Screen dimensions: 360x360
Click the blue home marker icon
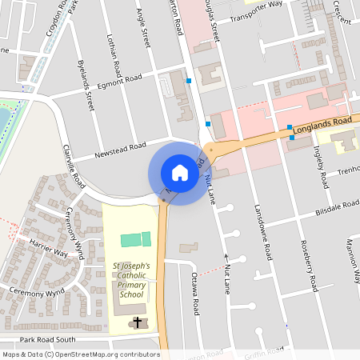(179, 173)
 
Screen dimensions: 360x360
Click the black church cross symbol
(137, 323)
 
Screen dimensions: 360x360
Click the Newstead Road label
(120, 149)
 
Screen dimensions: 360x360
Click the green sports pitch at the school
(135, 239)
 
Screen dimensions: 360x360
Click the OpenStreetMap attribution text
(80, 354)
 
